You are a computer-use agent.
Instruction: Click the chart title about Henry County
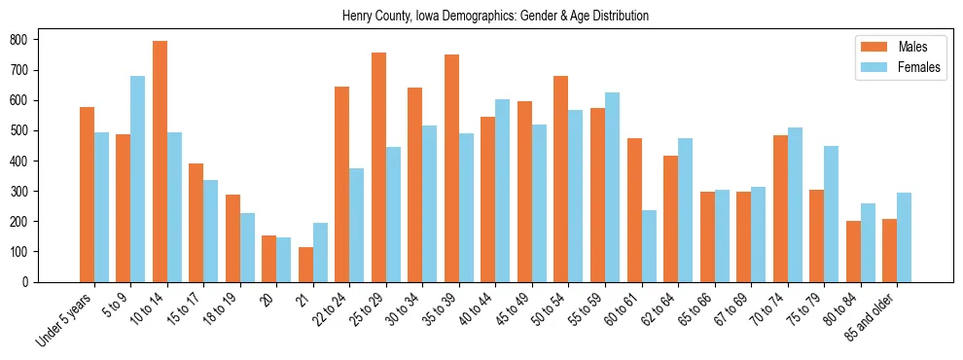[x=495, y=17]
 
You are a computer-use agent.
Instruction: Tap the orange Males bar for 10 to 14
[x=160, y=162]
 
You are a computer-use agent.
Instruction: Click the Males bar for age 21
[x=305, y=265]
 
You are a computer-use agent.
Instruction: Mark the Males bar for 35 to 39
[x=451, y=168]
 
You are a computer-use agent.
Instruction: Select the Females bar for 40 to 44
[x=503, y=191]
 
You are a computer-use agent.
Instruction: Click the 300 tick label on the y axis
[x=21, y=192]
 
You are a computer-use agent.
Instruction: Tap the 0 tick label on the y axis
[x=28, y=282]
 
